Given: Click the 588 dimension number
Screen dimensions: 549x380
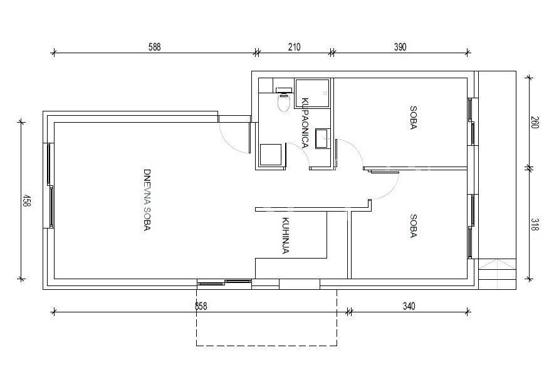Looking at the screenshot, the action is (x=154, y=47).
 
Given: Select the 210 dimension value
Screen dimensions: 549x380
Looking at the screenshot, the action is (x=294, y=47).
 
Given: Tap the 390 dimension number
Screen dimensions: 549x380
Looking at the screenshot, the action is (x=400, y=47).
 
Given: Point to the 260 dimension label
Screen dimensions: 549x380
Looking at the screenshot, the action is (x=535, y=122).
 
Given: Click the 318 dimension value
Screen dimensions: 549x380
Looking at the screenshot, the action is (x=535, y=225).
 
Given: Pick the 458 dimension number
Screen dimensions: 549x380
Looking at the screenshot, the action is (x=26, y=201).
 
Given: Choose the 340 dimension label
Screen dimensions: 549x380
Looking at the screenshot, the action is (x=409, y=306).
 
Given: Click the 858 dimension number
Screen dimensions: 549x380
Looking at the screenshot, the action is (x=201, y=306).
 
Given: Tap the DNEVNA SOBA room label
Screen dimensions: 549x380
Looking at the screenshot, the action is (x=147, y=200).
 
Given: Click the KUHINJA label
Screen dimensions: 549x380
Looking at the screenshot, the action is (x=285, y=235).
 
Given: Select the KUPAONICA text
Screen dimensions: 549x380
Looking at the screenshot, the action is (x=305, y=123).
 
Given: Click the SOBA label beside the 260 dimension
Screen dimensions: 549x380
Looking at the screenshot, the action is (x=413, y=118).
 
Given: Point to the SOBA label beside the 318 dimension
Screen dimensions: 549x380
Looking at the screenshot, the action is (x=413, y=226).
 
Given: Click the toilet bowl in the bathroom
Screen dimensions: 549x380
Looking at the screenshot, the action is (x=284, y=100).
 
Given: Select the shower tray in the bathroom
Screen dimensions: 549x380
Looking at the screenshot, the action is (x=312, y=93).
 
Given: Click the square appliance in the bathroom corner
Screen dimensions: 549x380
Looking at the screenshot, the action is (x=271, y=155).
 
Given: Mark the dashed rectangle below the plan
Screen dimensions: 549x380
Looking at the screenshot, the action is (x=267, y=346).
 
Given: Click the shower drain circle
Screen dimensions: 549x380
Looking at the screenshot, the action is (x=325, y=93).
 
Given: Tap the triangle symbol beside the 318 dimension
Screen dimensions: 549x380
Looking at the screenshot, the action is (x=497, y=265).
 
